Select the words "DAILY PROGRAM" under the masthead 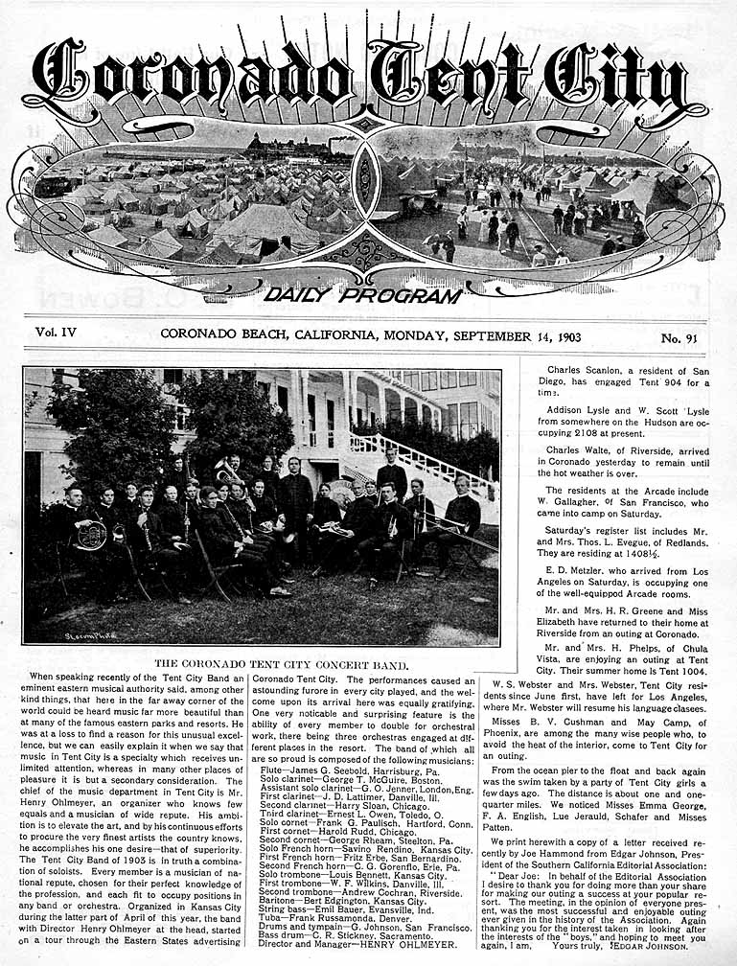[362, 295]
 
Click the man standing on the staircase [391, 472]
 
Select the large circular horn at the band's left [91, 534]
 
